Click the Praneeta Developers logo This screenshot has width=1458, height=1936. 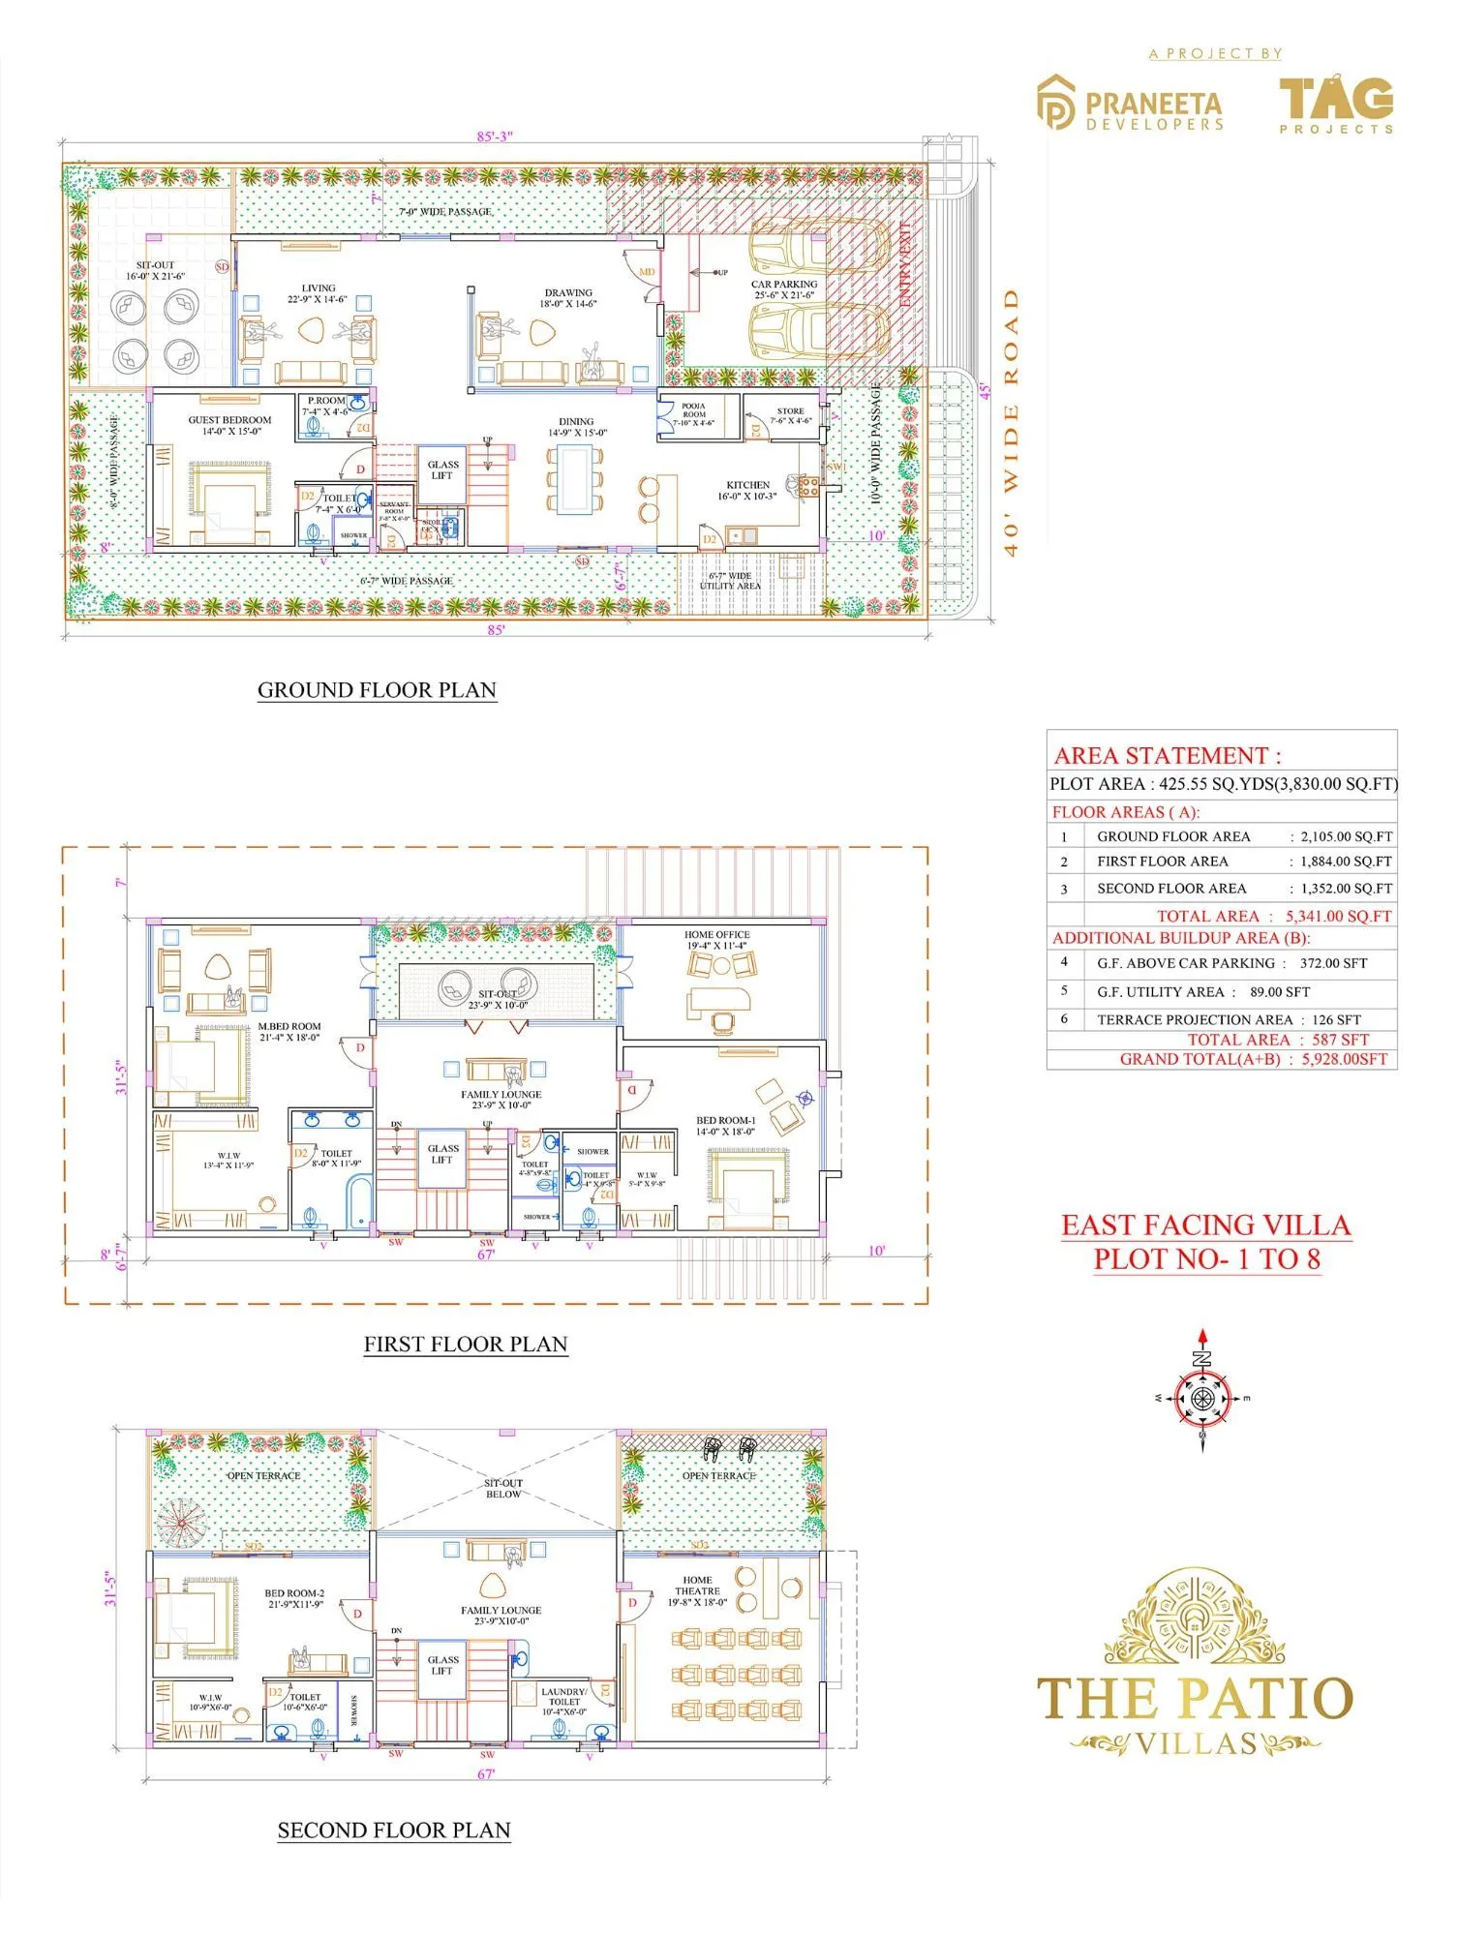click(1130, 103)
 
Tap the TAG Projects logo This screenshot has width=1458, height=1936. click(1335, 103)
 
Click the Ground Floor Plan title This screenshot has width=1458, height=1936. click(377, 690)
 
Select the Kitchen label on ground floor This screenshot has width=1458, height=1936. click(747, 491)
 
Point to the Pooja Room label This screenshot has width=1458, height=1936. click(694, 414)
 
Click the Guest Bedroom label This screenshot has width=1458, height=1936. click(229, 426)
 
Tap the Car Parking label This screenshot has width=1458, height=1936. click(784, 289)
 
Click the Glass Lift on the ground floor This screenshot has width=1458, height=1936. click(442, 470)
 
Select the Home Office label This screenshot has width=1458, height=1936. click(717, 940)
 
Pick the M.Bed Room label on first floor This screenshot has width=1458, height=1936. click(289, 1032)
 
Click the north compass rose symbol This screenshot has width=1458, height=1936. click(1202, 1398)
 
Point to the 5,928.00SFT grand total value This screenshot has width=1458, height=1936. click(1344, 1059)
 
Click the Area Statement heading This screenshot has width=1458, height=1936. click(1167, 756)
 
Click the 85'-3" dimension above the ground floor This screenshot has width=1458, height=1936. click(495, 136)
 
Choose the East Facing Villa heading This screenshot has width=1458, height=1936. click(1205, 1225)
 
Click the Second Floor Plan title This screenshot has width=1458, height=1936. click(394, 1830)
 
